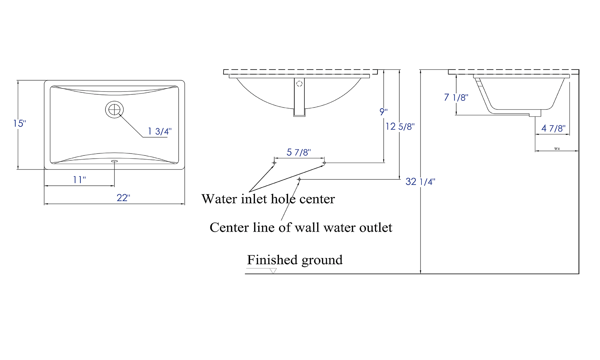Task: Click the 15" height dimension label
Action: tap(19, 123)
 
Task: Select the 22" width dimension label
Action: tap(123, 198)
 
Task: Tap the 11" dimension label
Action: tap(79, 180)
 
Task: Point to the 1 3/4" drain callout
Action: tap(160, 131)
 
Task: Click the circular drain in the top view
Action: tap(114, 109)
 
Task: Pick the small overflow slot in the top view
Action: tap(114, 161)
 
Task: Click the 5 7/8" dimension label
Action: tap(298, 152)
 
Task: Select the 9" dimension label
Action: tap(383, 112)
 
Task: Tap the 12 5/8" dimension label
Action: tap(400, 127)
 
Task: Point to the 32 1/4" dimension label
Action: tap(420, 181)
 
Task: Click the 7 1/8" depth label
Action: tap(456, 97)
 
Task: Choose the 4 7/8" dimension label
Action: tap(553, 128)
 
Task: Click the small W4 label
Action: tap(557, 148)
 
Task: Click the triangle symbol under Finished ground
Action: tap(273, 271)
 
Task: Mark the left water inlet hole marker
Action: tap(274, 163)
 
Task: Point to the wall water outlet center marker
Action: tap(299, 179)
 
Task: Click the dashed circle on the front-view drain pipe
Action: tap(299, 84)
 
